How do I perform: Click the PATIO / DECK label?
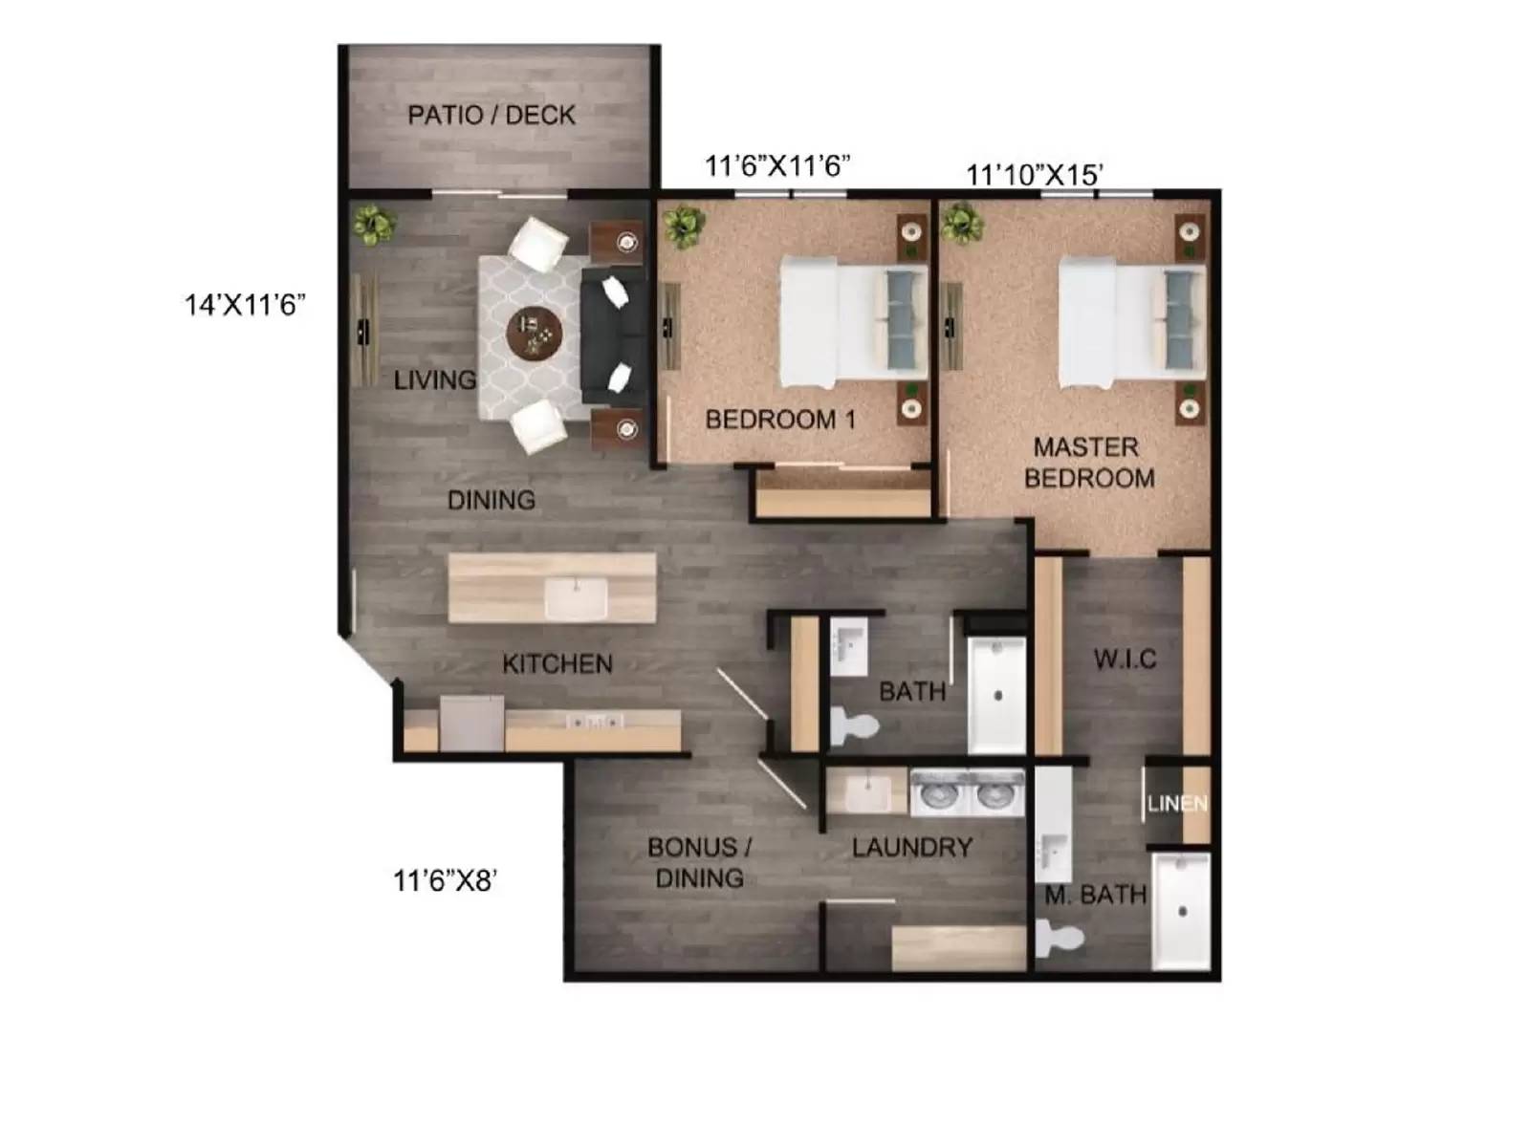coord(491,116)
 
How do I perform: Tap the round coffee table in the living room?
coord(535,335)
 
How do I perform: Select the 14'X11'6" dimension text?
coord(245,305)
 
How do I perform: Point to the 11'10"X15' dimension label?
coord(1035,175)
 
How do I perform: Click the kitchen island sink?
coord(576,599)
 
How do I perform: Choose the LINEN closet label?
coord(1177,804)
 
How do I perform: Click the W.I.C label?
coord(1125,659)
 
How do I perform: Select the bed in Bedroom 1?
coord(853,320)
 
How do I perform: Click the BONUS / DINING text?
coord(699,862)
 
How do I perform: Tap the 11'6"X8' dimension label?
coord(445,880)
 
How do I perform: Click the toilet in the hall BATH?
coord(853,725)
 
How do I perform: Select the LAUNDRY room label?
coord(911,847)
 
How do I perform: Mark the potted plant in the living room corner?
coord(373,226)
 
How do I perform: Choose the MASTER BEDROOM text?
coord(1088,463)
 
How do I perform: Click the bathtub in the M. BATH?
coord(1181,912)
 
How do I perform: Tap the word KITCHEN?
coord(557,663)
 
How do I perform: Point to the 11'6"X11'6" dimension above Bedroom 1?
coord(776,166)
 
